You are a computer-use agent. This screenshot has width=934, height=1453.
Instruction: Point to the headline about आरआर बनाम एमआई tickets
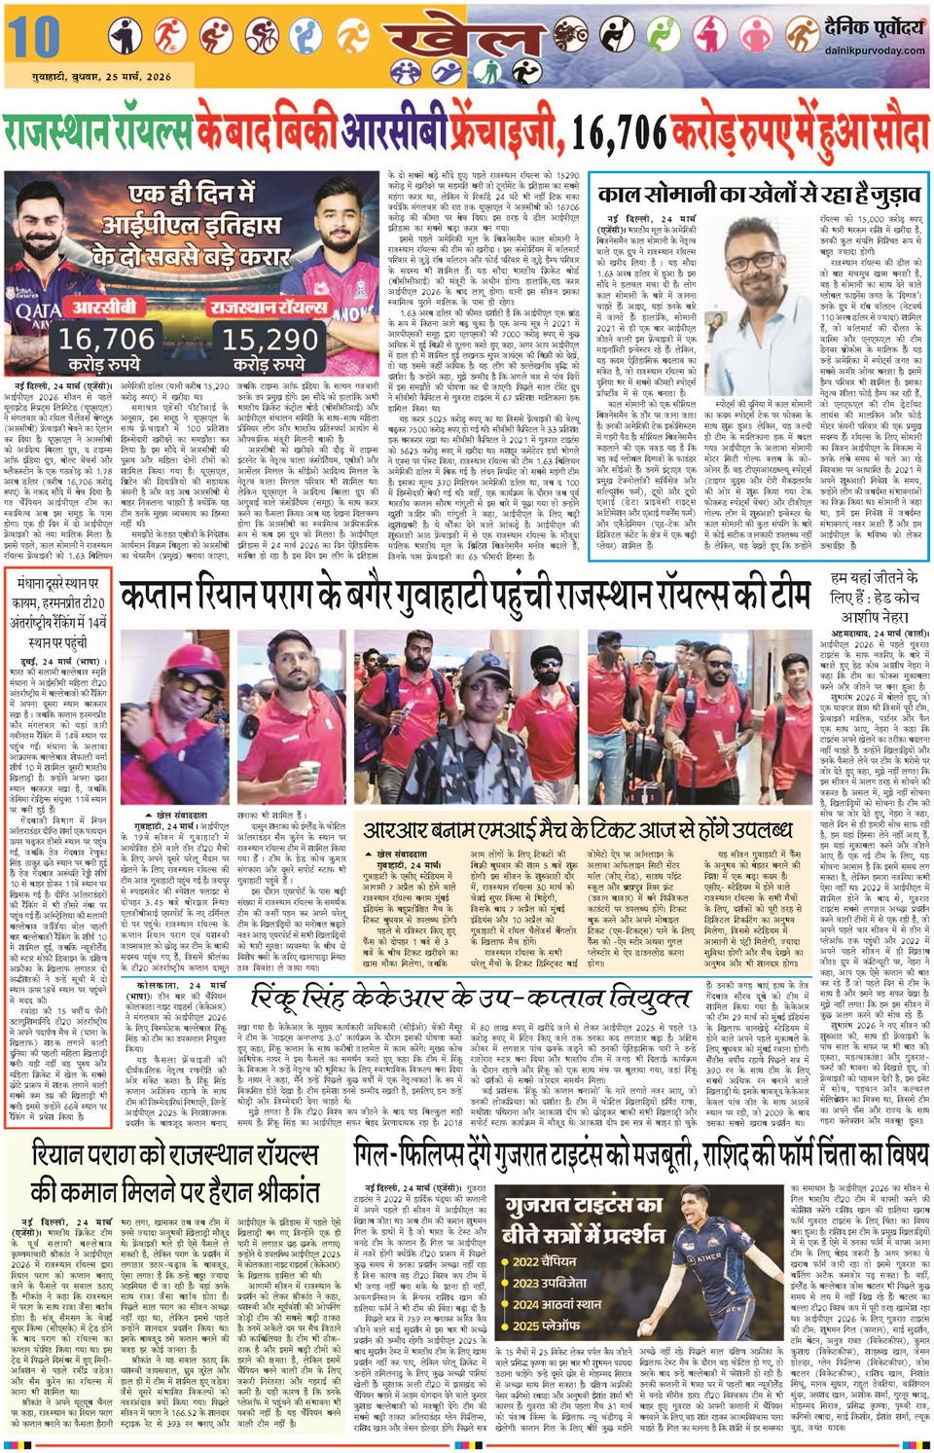click(573, 830)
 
